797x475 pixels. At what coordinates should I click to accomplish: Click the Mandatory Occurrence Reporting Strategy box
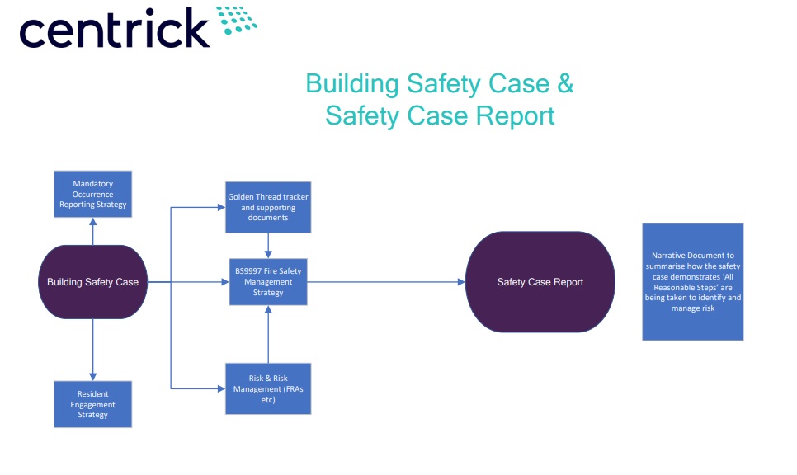point(92,194)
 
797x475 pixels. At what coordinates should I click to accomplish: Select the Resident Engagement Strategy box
point(92,404)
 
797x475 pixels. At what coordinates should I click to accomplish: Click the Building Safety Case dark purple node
point(92,282)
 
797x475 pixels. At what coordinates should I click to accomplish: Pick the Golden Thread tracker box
point(268,207)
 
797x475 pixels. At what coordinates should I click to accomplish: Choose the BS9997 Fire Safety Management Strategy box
point(268,282)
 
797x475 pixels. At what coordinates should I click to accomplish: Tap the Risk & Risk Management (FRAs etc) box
point(268,388)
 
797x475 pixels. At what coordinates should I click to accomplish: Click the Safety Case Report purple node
point(540,282)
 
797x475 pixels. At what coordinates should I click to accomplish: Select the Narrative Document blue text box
point(692,281)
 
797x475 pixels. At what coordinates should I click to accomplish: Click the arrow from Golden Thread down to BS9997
point(268,245)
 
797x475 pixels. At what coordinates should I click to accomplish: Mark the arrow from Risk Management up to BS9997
point(268,333)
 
